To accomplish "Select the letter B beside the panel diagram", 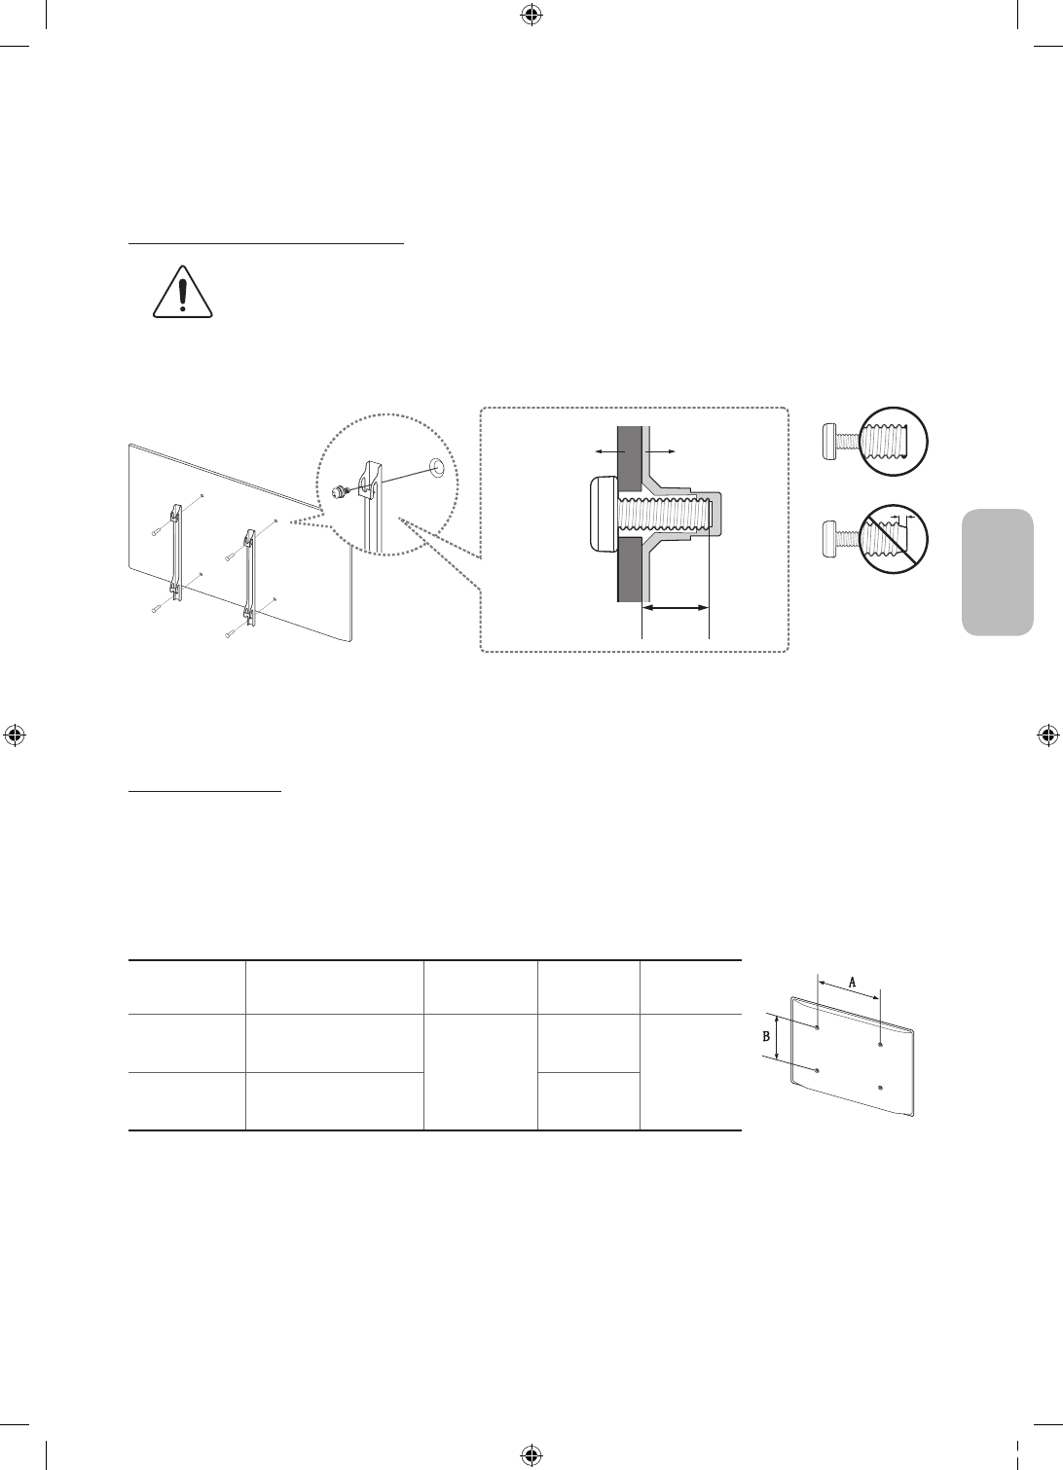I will click(x=766, y=1037).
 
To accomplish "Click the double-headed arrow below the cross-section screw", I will click(x=676, y=607).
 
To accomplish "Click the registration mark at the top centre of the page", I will click(x=531, y=14).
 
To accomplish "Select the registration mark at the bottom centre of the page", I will click(x=531, y=1455).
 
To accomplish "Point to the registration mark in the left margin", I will click(x=14, y=735).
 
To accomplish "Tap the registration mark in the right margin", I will click(x=1048, y=735).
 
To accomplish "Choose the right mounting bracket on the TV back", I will click(x=250, y=574).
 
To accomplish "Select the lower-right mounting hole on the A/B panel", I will click(x=880, y=1088).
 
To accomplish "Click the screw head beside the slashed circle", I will click(x=830, y=535).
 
